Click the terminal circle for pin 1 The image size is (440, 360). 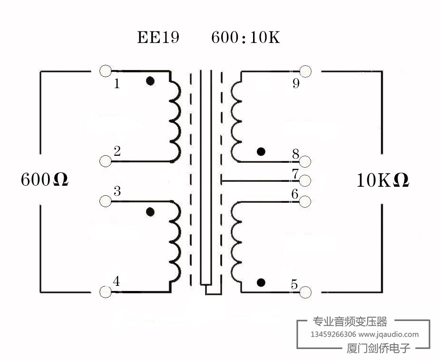click(106, 71)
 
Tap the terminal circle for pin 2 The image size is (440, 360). click(106, 161)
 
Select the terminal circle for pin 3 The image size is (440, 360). click(106, 201)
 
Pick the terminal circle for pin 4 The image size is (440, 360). click(106, 291)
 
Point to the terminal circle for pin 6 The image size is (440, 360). click(305, 201)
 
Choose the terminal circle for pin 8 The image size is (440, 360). click(305, 161)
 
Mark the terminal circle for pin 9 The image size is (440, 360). click(305, 71)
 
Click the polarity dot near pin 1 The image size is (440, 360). click(150, 81)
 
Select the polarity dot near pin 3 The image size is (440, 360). click(150, 212)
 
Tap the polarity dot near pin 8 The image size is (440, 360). click(260, 152)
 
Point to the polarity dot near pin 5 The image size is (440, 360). click(260, 283)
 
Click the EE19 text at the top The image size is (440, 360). click(158, 38)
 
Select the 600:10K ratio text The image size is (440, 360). click(245, 38)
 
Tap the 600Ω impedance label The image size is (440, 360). click(45, 180)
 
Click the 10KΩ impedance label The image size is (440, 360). click(383, 180)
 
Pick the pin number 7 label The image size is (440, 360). click(294, 174)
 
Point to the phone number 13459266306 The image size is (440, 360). click(333, 334)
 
